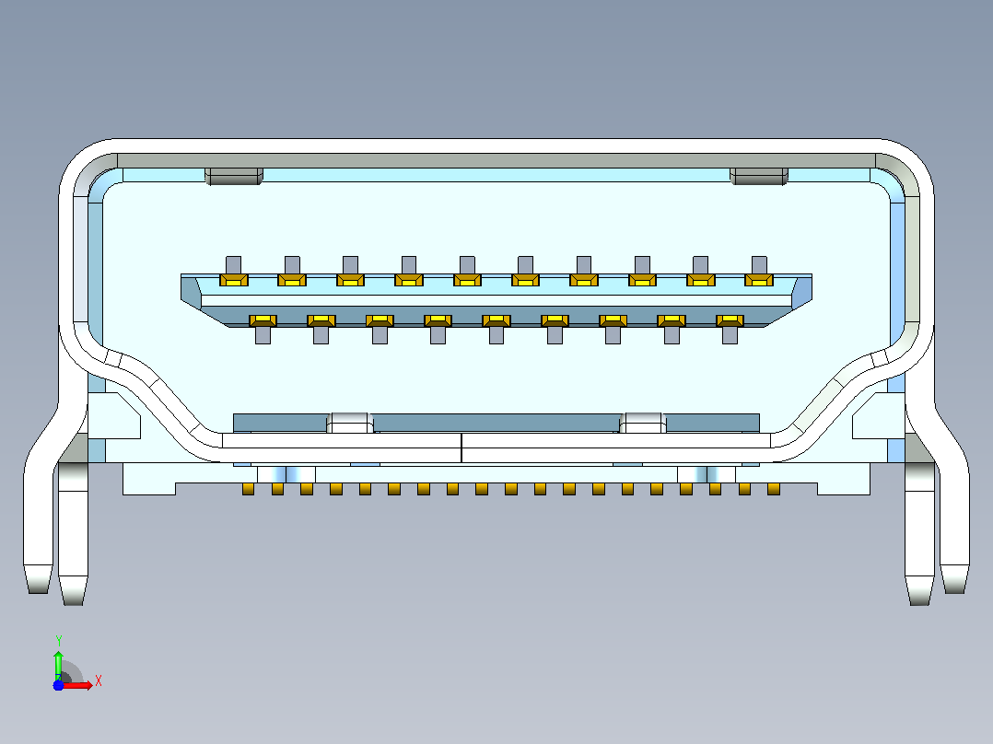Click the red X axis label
coord(99,681)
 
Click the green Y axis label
coord(58,640)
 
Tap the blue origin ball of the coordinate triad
coord(58,685)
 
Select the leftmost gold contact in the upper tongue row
coord(234,280)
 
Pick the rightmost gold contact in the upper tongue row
coord(759,280)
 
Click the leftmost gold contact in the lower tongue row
coord(263,320)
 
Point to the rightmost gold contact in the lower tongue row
coord(730,320)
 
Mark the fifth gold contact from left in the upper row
coord(467,280)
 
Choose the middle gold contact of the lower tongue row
coord(496,320)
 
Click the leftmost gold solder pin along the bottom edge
coord(249,489)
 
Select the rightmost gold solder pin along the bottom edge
coord(773,489)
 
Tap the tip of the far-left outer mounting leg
coord(39,592)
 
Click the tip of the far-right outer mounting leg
coord(954,592)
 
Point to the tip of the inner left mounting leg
coord(73,603)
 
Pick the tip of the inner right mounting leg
coord(919,603)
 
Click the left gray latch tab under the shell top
coord(234,176)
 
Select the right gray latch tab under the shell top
coord(759,176)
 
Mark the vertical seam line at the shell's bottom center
coord(461,448)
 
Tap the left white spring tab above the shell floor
coord(350,423)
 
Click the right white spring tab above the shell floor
coord(643,423)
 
